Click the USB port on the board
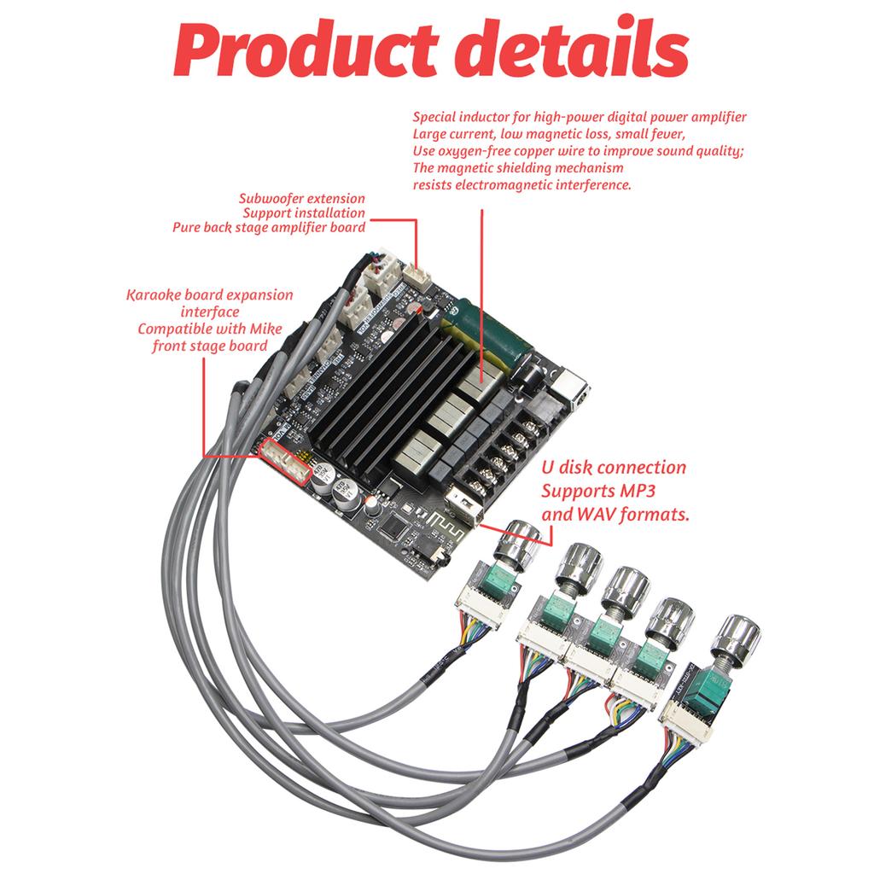(x=460, y=507)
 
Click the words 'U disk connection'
(x=613, y=468)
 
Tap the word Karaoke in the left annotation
(x=153, y=295)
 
